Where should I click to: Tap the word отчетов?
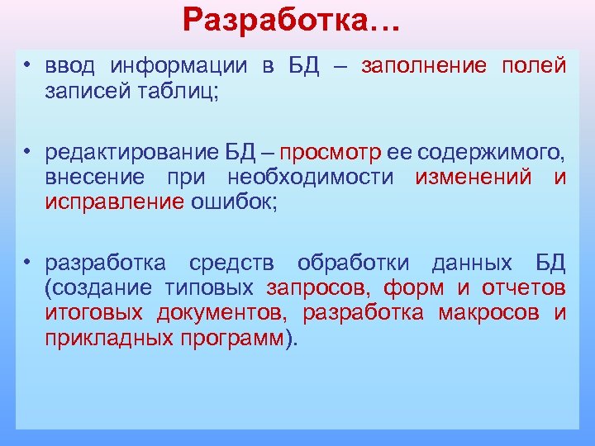(x=522, y=288)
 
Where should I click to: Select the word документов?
(x=223, y=313)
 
